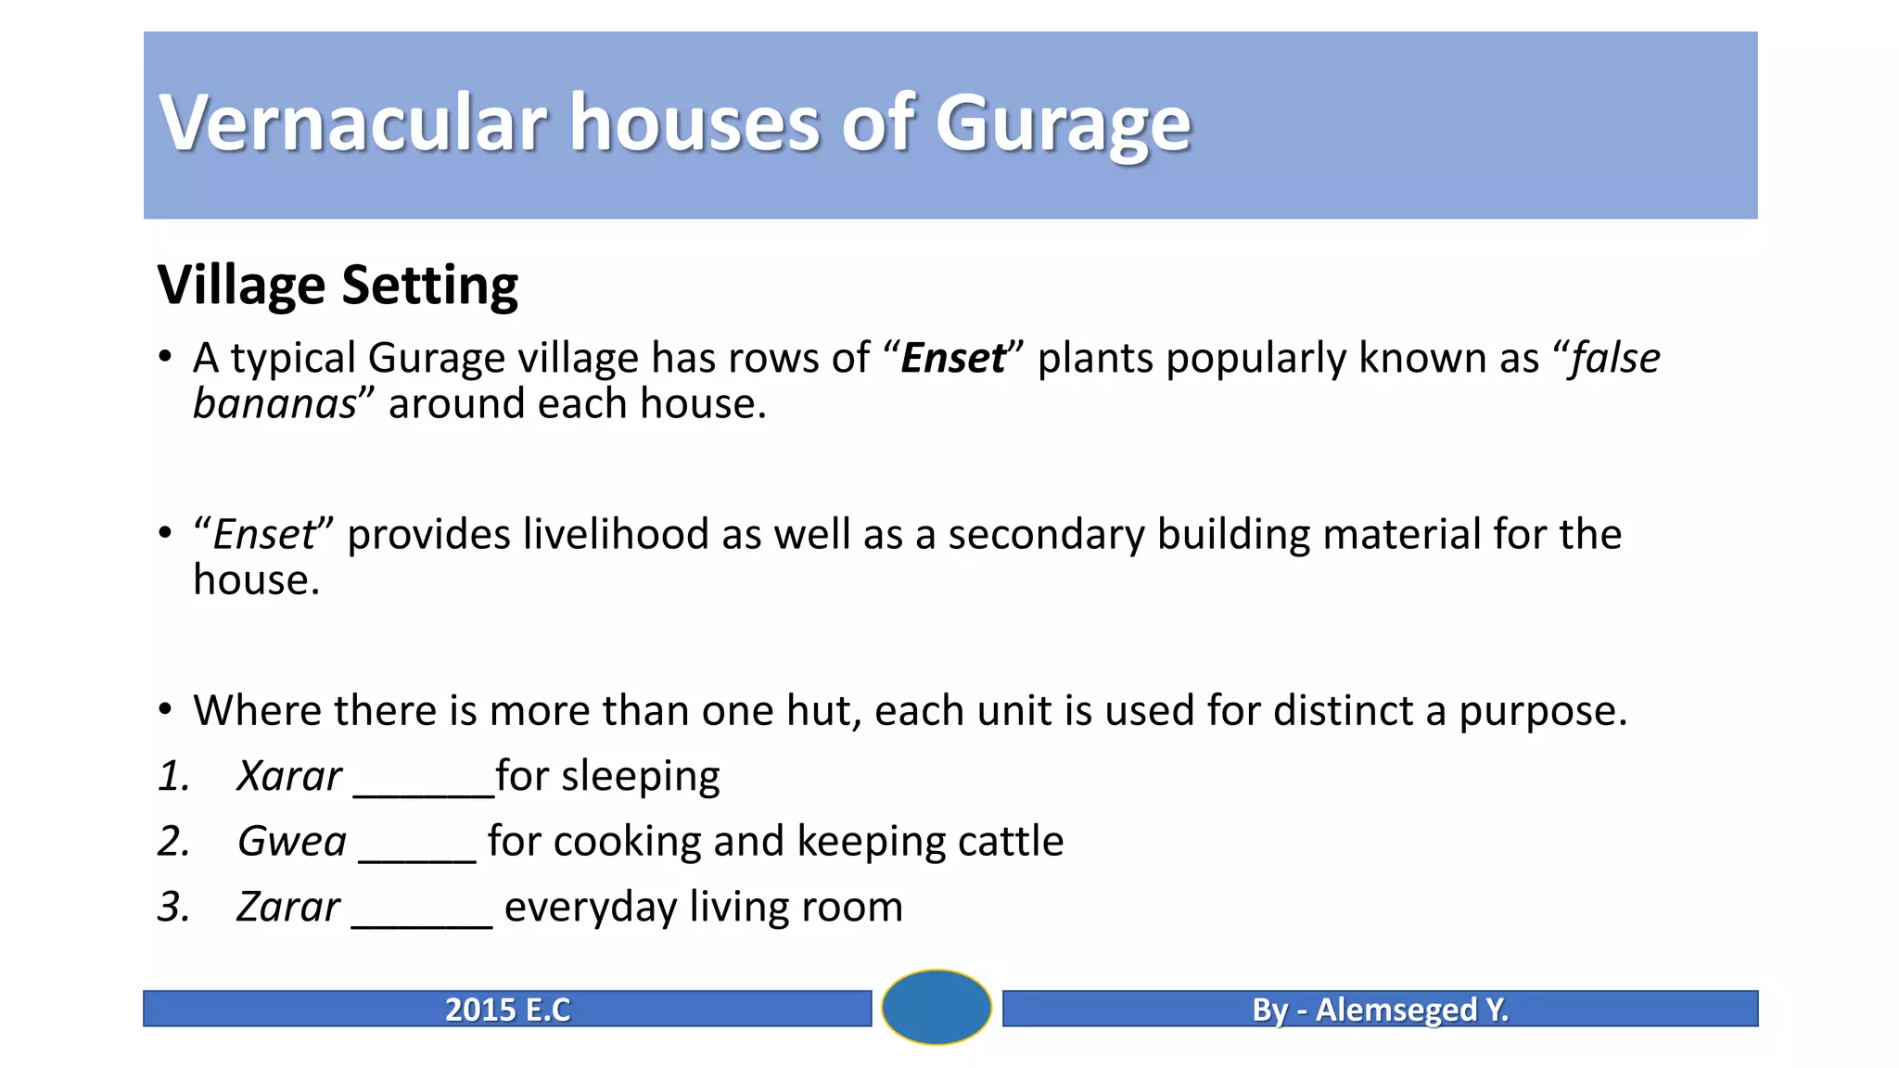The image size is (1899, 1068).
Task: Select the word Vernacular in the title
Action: click(353, 123)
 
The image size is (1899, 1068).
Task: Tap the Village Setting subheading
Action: click(338, 285)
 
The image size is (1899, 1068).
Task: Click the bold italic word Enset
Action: click(952, 359)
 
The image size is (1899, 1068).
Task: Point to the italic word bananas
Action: click(274, 404)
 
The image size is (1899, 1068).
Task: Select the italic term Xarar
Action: click(288, 777)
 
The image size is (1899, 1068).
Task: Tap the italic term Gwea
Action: click(291, 842)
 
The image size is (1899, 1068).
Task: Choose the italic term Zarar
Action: click(287, 908)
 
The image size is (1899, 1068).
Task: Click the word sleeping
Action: click(640, 777)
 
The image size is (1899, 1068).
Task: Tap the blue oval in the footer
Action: click(937, 1007)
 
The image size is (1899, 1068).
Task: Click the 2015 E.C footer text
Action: click(507, 1010)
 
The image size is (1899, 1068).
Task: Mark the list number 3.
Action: click(172, 908)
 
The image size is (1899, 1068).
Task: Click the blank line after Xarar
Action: click(424, 790)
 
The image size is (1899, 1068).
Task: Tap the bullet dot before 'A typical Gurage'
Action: click(165, 357)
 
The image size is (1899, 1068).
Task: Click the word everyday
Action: click(590, 908)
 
